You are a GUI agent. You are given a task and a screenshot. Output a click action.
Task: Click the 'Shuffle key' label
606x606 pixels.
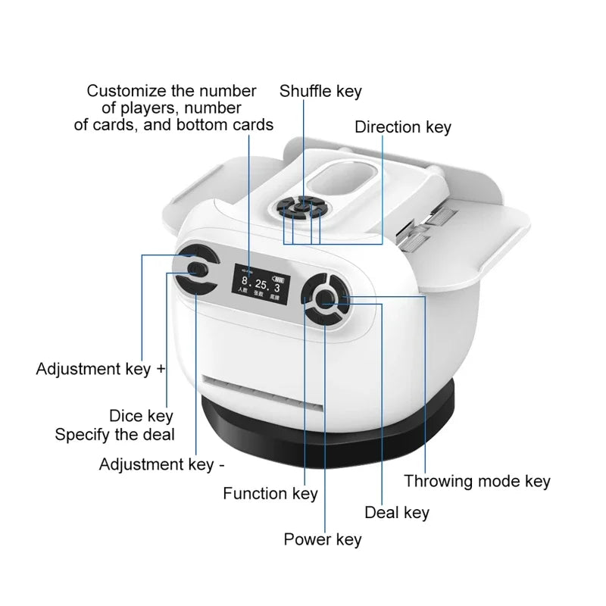(320, 92)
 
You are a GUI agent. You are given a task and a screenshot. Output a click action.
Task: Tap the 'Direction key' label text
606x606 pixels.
(402, 127)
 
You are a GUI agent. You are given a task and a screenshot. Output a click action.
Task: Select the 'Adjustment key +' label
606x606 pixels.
(101, 370)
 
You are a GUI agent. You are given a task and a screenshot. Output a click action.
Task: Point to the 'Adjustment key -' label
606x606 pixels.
(161, 464)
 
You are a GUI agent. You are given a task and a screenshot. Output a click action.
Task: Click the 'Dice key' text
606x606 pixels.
(141, 416)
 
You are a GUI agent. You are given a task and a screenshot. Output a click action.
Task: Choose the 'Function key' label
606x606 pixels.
(270, 494)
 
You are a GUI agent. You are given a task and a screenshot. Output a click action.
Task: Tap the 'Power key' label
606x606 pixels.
(322, 539)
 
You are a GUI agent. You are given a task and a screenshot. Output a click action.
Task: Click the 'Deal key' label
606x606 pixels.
(396, 513)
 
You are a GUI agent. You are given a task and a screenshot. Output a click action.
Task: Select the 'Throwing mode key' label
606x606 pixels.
(476, 481)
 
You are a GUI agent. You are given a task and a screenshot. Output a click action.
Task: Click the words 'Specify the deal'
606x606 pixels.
(114, 435)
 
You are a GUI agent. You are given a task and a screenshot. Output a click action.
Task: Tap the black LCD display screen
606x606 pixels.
(259, 288)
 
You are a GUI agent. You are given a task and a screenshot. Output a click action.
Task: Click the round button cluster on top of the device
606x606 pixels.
(301, 208)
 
